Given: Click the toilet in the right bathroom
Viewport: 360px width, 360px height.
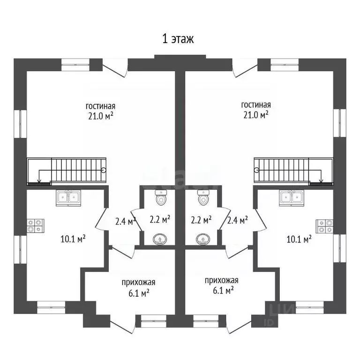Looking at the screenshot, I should (203, 198).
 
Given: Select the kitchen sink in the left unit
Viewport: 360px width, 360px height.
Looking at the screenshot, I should (68, 197).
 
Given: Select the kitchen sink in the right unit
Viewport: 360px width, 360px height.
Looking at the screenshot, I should (292, 197).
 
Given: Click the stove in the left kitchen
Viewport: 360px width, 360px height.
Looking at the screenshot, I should (35, 226).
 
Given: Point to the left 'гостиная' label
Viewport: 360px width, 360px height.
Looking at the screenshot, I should (100, 105).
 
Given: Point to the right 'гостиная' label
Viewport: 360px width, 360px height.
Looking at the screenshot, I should (255, 105).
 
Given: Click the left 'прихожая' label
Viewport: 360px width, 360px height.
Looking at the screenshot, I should (138, 283).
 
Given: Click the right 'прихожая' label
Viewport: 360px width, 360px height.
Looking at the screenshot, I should (221, 281).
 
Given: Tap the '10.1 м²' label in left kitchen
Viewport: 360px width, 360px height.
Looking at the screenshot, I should (73, 239).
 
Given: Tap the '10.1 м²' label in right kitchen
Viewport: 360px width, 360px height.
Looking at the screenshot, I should (299, 239).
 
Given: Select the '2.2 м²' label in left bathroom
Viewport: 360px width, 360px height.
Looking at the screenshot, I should (160, 219).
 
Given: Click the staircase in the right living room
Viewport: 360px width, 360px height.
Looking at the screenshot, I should (291, 171).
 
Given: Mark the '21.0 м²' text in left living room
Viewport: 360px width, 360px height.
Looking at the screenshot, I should (100, 116).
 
